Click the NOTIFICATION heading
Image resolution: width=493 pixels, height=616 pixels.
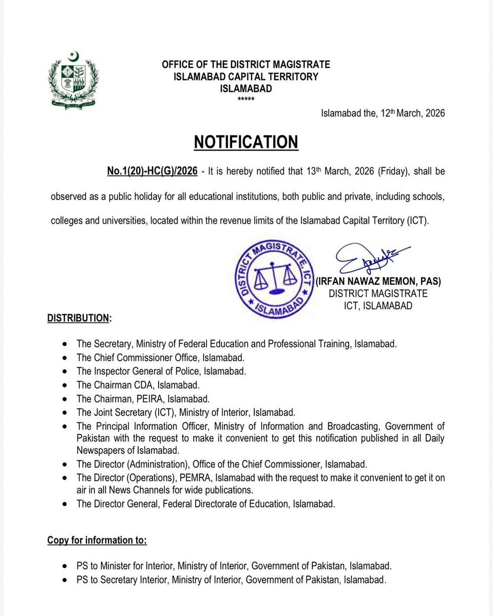pyautogui.click(x=246, y=142)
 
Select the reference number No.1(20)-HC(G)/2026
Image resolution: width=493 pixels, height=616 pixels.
pyautogui.click(x=152, y=171)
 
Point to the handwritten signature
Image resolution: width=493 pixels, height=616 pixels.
pyautogui.click(x=371, y=259)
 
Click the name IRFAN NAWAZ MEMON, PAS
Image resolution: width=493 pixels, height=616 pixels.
pyautogui.click(x=378, y=281)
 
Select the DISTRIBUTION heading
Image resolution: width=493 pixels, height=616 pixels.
pyautogui.click(x=79, y=318)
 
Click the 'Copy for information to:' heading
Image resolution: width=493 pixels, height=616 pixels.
pyautogui.click(x=97, y=541)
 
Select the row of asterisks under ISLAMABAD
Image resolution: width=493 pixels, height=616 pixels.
pyautogui.click(x=246, y=99)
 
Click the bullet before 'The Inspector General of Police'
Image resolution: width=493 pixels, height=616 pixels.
pyautogui.click(x=64, y=371)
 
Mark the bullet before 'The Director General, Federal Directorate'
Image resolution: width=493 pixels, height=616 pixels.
pyautogui.click(x=64, y=504)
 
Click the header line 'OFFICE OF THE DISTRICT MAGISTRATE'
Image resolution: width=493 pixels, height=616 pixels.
pyautogui.click(x=246, y=65)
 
